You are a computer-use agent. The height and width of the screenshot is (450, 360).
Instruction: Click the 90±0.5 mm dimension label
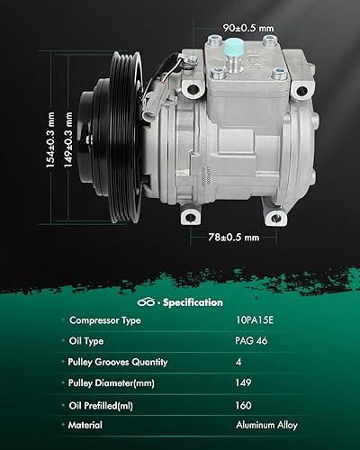pyautogui.click(x=248, y=28)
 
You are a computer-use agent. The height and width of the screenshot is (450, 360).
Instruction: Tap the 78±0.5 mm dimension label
pyautogui.click(x=234, y=238)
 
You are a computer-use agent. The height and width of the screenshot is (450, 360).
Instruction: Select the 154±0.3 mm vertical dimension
pyautogui.click(x=50, y=139)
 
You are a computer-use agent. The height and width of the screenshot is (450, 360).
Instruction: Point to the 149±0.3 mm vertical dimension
pyautogui.click(x=68, y=139)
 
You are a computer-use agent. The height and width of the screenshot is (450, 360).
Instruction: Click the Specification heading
pyautogui.click(x=193, y=302)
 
